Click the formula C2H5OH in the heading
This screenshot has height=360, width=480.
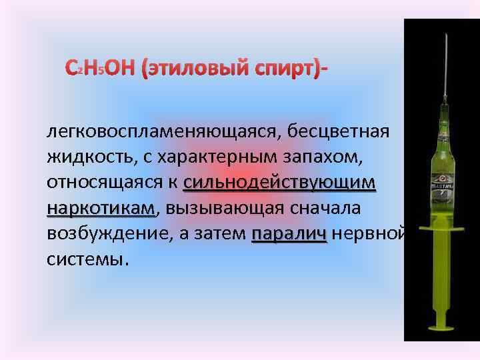point(100,68)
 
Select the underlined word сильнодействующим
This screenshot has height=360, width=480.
point(279,183)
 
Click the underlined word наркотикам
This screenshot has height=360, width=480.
point(101,209)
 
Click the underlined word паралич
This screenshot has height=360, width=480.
point(289,235)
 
